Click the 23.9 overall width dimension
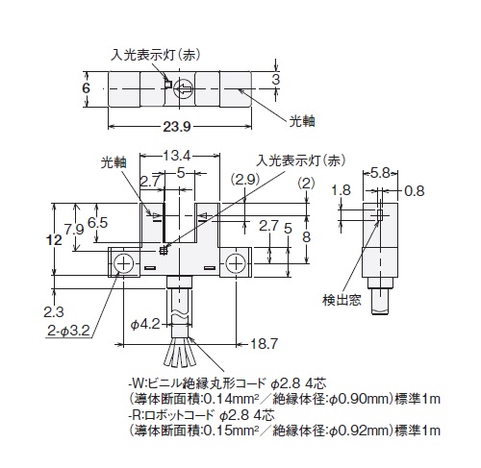pos(177,127)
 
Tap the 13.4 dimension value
pos(177,156)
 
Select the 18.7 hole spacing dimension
pos(264,344)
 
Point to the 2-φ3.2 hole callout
pos(68,331)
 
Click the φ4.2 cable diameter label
pos(145,324)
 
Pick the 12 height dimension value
pos(54,239)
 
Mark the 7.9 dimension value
pos(74,230)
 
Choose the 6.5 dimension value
pos(97,223)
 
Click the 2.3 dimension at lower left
pos(54,312)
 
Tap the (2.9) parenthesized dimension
pos(245,180)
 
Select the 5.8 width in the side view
pos(380,173)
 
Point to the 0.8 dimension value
pos(415,191)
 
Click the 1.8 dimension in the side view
pos(341,190)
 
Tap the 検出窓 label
pos(342,300)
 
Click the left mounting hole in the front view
pos(123,263)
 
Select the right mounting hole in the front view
pos(236,263)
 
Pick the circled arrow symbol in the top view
pos(184,88)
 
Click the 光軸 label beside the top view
pos(302,121)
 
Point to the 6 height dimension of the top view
pos(86,87)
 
